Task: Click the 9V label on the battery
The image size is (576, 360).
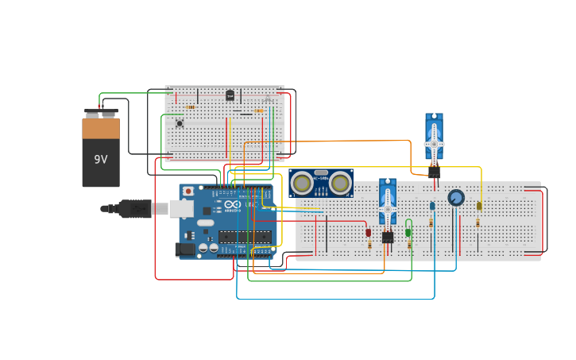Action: click(101, 160)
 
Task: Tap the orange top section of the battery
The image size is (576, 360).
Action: click(101, 128)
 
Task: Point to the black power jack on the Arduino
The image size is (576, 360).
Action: click(184, 249)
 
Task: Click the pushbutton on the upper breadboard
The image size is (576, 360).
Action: click(180, 123)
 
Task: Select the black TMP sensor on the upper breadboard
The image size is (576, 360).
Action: click(230, 95)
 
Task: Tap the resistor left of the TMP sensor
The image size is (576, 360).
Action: click(191, 107)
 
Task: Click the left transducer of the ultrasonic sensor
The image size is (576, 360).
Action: click(301, 183)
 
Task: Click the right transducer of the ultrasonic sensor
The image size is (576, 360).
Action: click(340, 183)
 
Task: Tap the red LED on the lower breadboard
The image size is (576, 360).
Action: click(368, 232)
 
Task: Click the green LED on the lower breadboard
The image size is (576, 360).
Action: click(408, 231)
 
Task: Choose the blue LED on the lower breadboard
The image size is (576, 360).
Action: click(432, 206)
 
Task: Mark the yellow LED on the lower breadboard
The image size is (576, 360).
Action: click(479, 206)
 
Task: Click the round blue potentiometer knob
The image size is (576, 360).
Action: click(456, 197)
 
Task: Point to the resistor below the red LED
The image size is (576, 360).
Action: click(369, 245)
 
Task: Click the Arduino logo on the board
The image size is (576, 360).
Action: click(232, 204)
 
